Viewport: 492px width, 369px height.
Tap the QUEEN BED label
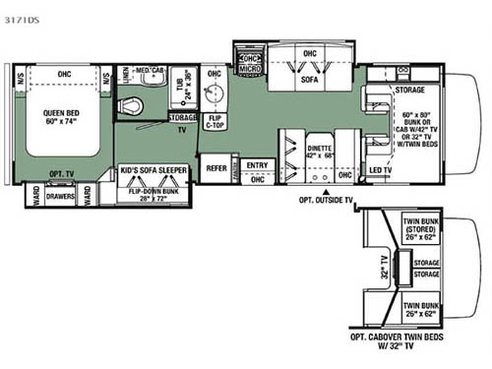point(62,115)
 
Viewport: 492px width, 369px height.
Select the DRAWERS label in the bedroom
point(61,196)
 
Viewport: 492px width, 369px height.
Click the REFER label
point(215,169)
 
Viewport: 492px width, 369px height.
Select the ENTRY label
point(258,165)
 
